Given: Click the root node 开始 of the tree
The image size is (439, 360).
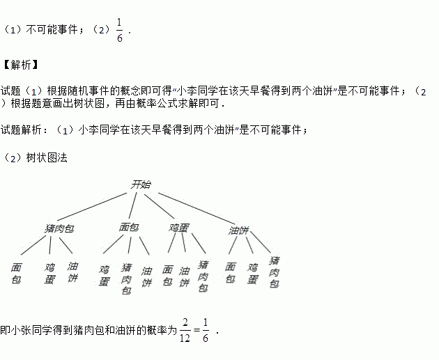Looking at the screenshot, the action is coord(141,185).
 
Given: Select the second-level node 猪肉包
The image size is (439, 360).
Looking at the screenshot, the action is coord(59,228).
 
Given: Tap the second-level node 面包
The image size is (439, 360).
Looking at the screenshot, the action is coord(130,228).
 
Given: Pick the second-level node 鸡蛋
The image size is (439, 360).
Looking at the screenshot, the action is coord(178,228).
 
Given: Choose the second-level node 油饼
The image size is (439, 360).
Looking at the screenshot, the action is coord(239,230).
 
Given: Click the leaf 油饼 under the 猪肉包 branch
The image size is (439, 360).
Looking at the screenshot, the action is coord(72,272).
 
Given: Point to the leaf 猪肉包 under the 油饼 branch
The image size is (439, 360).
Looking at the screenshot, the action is coord(275,272).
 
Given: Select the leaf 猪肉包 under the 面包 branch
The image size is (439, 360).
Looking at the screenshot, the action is coord(126,278).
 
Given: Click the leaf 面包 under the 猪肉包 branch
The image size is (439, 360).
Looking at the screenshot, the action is coord(17,273).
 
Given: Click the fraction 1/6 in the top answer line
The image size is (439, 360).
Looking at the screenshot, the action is coord(119,30).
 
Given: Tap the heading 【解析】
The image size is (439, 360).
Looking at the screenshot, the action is coord(20,65).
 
